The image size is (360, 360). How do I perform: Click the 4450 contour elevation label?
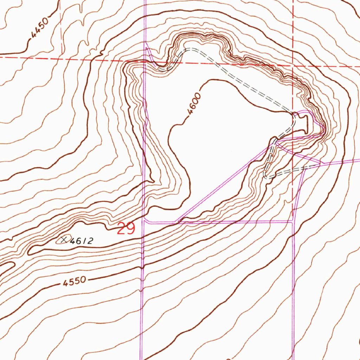click(39, 29)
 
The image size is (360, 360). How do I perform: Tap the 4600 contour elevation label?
click(194, 104)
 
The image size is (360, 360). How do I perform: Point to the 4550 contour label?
click(75, 281)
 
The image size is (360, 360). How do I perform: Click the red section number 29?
click(126, 229)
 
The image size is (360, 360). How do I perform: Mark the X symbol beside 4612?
click(64, 240)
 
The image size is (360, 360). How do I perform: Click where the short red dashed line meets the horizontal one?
click(62, 56)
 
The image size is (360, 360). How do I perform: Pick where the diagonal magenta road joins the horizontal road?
click(179, 222)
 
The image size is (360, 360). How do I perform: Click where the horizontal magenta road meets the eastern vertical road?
click(293, 221)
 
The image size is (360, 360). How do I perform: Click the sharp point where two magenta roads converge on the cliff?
click(323, 134)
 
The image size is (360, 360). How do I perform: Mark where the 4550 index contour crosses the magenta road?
click(142, 266)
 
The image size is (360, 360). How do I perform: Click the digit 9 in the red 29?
click(130, 229)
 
